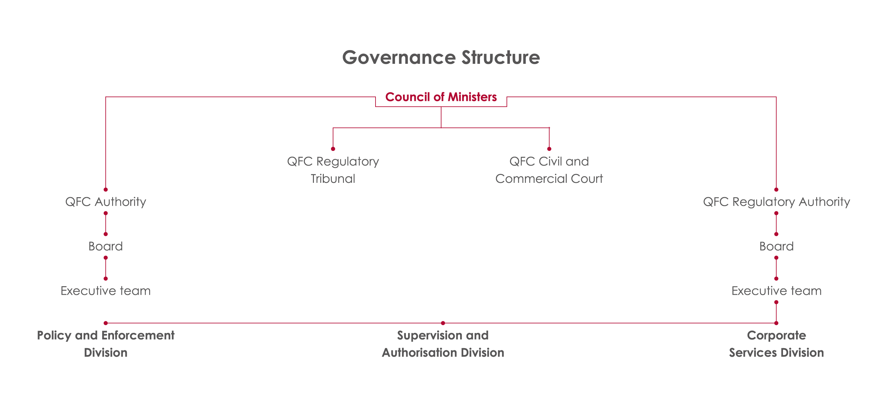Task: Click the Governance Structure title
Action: tap(441, 57)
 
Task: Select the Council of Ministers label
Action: tap(441, 97)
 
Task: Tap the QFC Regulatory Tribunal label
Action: tap(333, 170)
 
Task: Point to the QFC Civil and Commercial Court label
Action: tap(549, 170)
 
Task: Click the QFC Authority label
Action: tap(106, 202)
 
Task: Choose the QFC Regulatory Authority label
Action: tap(777, 202)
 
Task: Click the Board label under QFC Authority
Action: tap(106, 246)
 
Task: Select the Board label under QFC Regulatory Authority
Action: tap(777, 246)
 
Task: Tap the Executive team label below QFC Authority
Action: tap(106, 291)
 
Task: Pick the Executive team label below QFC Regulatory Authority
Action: tap(777, 291)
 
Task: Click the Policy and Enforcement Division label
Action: tap(106, 344)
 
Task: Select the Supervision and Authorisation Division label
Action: tap(443, 344)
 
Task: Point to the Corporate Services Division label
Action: tap(777, 344)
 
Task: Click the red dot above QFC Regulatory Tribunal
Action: tap(333, 149)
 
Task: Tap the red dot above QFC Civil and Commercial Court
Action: tap(549, 149)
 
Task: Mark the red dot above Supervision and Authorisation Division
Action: tap(443, 323)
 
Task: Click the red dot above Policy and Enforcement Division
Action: tap(106, 323)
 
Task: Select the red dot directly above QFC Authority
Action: tap(106, 190)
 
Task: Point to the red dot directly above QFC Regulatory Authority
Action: tap(776, 190)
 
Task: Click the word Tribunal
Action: tap(333, 179)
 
